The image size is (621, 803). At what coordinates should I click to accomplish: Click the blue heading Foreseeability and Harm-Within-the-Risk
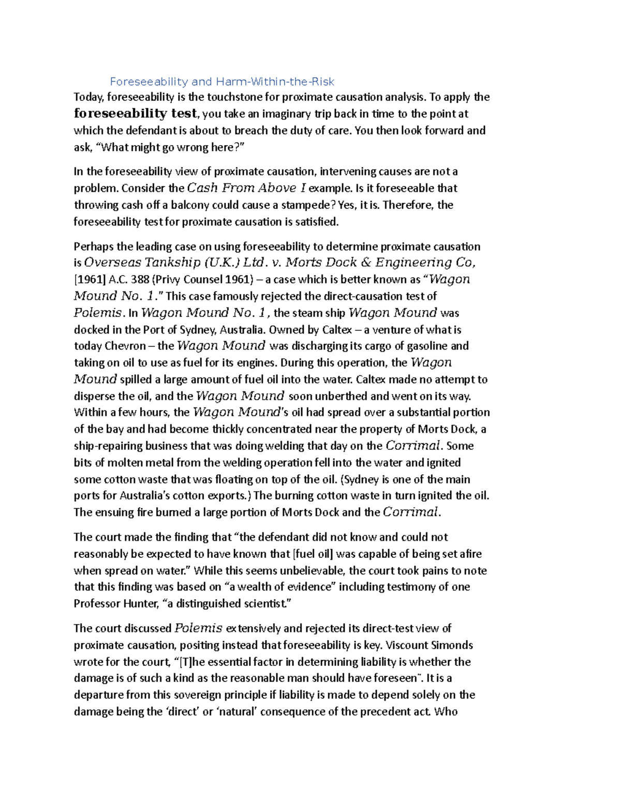pos(222,82)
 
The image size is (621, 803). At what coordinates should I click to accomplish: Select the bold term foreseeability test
pos(136,113)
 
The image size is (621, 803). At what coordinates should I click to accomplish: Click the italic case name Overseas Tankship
pos(143,263)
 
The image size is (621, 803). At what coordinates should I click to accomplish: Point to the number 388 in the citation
pos(139,280)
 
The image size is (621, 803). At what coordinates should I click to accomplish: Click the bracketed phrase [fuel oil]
pos(313,554)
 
